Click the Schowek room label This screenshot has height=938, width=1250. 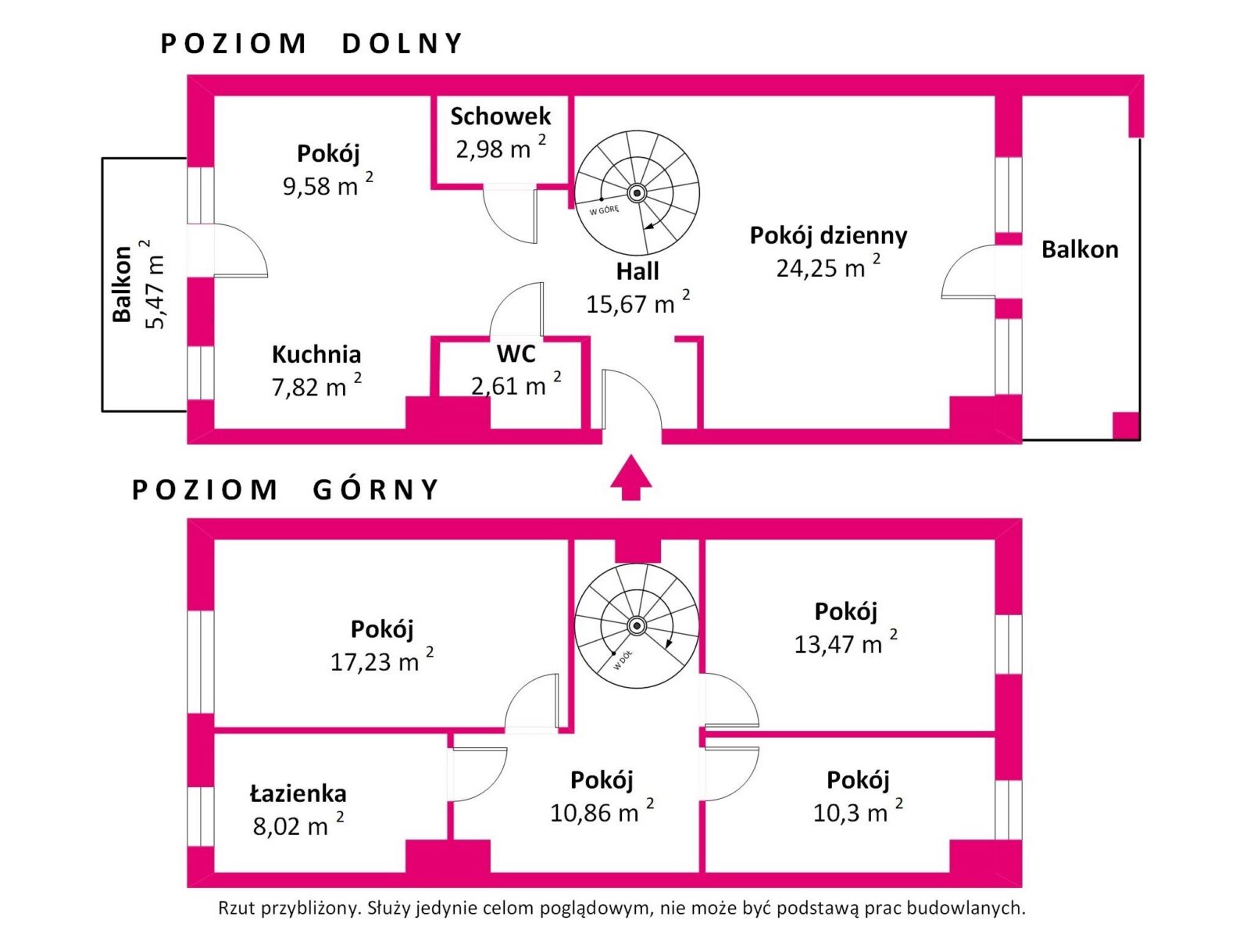click(500, 116)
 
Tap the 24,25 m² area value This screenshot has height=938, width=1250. click(828, 267)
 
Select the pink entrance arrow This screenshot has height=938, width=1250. click(630, 478)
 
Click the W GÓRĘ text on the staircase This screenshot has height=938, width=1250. click(604, 210)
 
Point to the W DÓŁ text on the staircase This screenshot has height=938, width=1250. click(623, 661)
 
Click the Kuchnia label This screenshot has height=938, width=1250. click(316, 354)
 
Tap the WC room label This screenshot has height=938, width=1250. click(516, 353)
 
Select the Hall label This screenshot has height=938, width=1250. click(637, 271)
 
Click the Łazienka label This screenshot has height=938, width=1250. click(298, 793)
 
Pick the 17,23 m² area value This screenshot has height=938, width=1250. click(381, 661)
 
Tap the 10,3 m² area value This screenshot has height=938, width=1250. click(858, 811)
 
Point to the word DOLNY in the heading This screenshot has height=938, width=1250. click(402, 44)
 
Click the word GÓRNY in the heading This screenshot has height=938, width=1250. click(375, 489)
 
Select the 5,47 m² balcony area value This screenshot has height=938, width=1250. click(154, 285)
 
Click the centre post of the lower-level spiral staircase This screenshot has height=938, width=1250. click(637, 193)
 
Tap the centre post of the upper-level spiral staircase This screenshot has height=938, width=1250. click(636, 626)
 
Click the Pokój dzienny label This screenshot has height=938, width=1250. click(828, 235)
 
